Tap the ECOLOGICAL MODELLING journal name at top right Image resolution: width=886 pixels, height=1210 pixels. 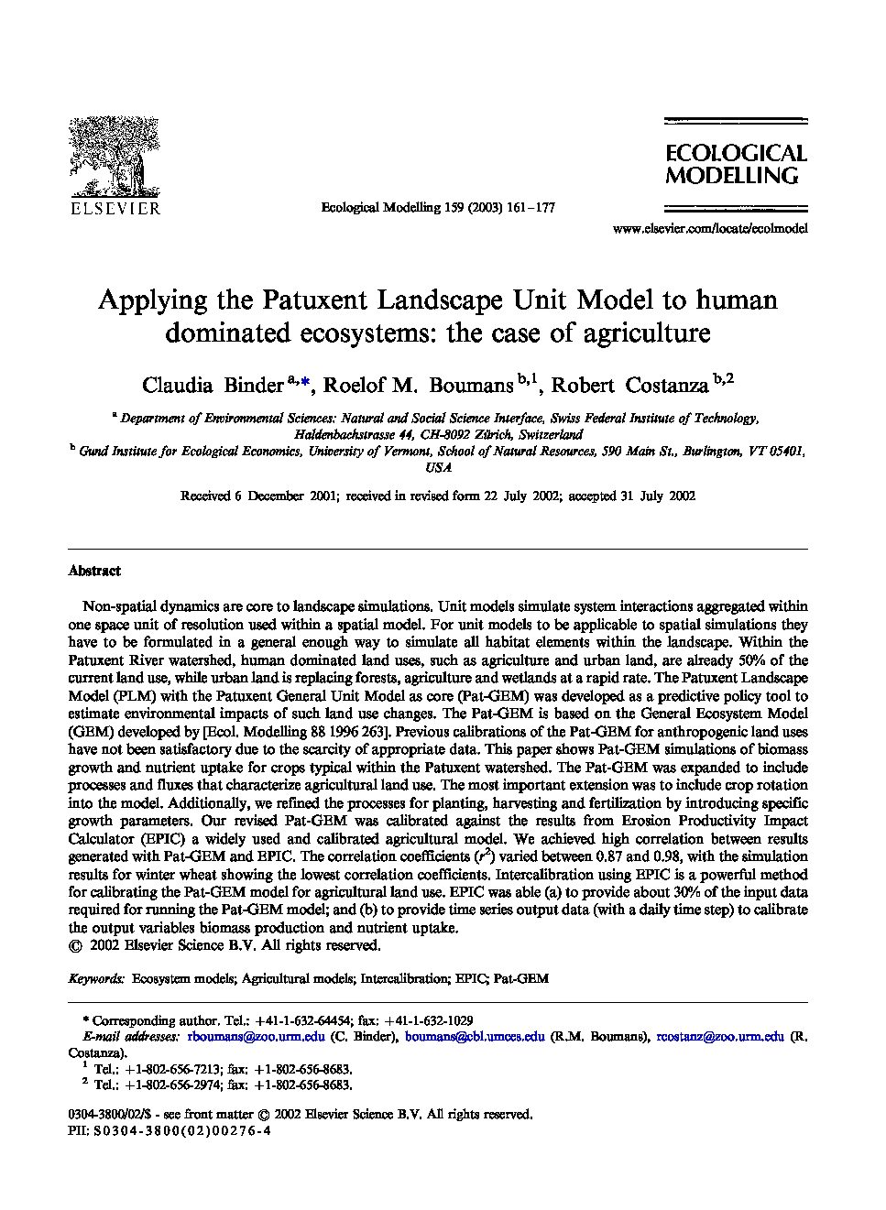735,164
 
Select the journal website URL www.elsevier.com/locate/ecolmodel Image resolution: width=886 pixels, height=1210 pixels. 709,229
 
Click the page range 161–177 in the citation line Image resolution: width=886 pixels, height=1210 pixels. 530,208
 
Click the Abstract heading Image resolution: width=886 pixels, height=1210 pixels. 94,571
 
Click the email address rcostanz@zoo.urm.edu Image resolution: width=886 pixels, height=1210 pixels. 720,1037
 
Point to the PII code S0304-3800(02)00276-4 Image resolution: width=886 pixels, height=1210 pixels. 180,1130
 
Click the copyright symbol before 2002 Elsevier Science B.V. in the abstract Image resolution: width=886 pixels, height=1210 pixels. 75,945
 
